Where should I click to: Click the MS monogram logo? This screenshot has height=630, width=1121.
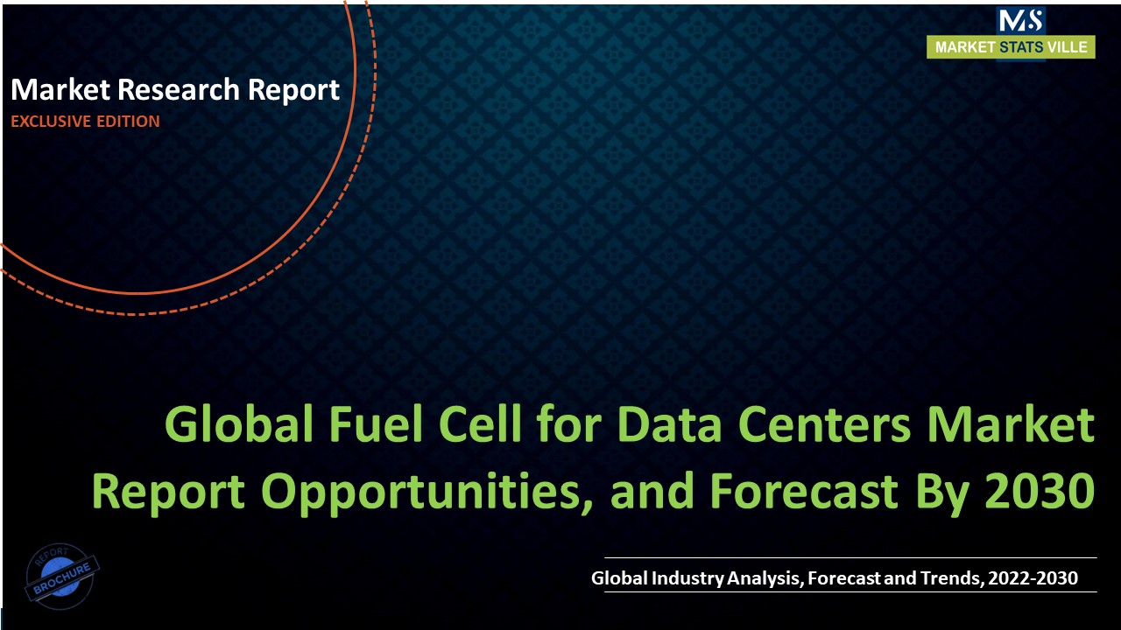click(1020, 20)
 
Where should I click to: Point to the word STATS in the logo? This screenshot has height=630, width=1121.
click(1021, 47)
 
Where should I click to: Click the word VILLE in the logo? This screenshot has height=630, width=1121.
click(1068, 47)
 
